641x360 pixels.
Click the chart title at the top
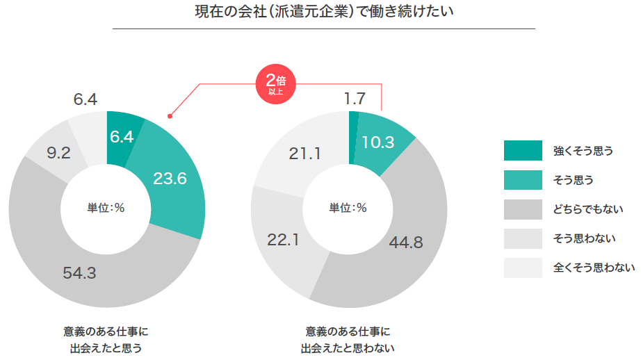[x=324, y=13]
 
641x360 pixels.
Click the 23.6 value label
[x=170, y=179]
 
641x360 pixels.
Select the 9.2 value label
[x=58, y=152]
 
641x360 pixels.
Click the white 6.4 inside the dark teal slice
[x=122, y=137]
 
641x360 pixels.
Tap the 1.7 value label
[x=355, y=99]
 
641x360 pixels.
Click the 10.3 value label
[x=379, y=142]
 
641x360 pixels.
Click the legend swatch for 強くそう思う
[x=523, y=150]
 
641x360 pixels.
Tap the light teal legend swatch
[x=523, y=180]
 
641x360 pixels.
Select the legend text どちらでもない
[x=584, y=209]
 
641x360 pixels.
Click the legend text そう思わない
[x=584, y=238]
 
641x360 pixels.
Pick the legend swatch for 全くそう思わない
[x=523, y=268]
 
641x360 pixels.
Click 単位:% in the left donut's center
[x=106, y=208]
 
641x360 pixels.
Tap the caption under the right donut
[x=348, y=339]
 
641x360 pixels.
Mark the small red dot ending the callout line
[x=169, y=116]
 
